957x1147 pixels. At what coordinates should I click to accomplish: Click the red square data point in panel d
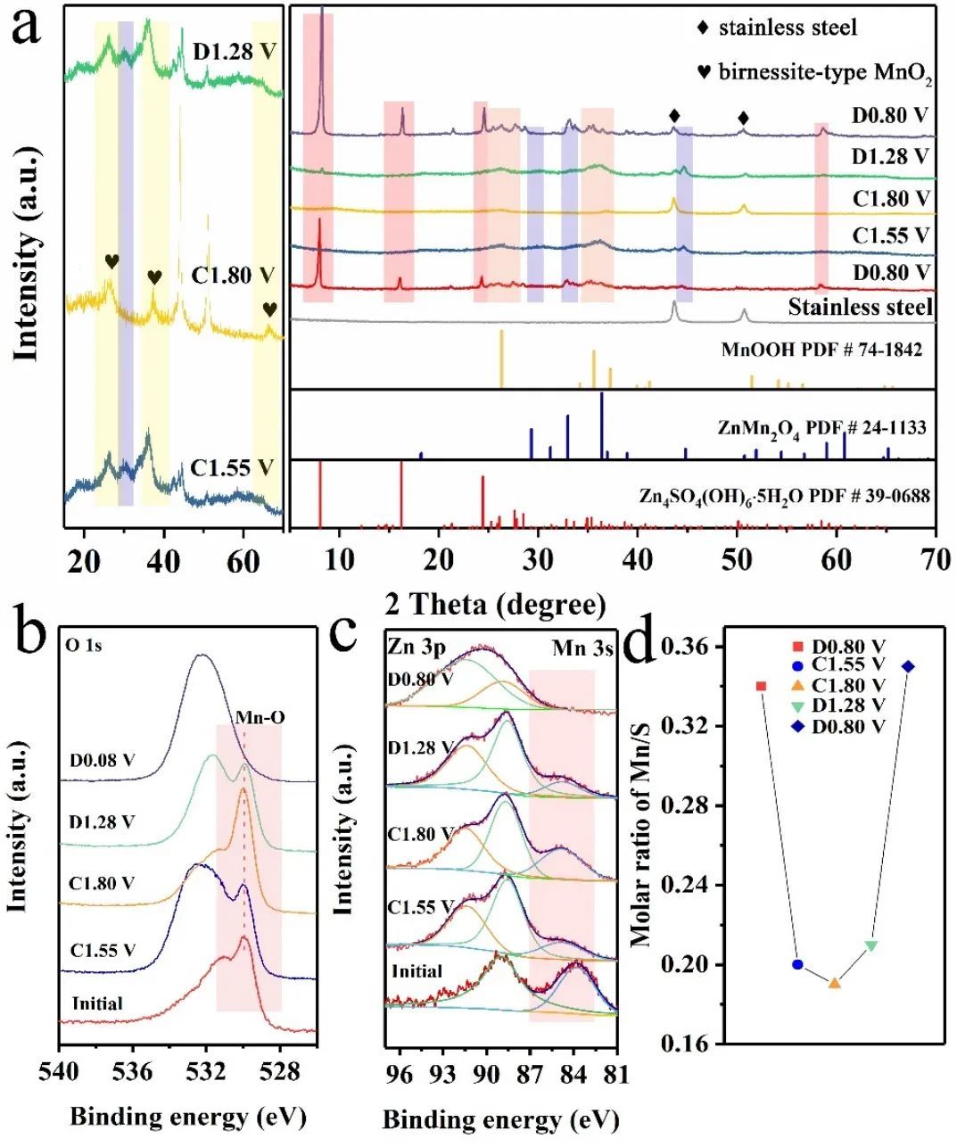pyautogui.click(x=761, y=686)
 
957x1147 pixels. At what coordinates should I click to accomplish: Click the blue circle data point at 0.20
pyautogui.click(x=797, y=964)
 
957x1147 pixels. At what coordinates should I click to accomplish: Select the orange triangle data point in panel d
pyautogui.click(x=834, y=983)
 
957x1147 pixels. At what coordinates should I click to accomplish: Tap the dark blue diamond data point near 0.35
pyautogui.click(x=908, y=666)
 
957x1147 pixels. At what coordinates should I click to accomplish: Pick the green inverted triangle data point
pyautogui.click(x=871, y=945)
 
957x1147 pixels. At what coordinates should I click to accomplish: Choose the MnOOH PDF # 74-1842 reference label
pyautogui.click(x=821, y=350)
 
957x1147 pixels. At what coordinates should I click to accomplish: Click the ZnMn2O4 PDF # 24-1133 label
pyautogui.click(x=821, y=429)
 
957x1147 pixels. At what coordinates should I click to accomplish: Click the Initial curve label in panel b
pyautogui.click(x=97, y=1003)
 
